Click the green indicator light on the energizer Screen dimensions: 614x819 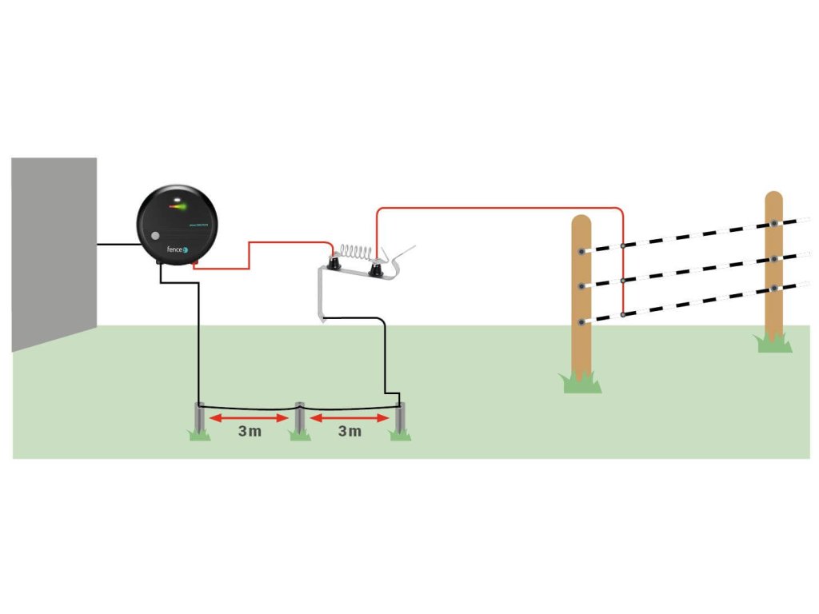point(180,207)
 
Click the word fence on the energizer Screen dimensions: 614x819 point(174,249)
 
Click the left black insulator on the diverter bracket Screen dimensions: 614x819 point(334,263)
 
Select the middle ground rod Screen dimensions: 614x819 point(300,419)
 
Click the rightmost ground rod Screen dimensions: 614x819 point(401,421)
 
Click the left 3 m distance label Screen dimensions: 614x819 point(250,433)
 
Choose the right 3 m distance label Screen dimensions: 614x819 point(350,433)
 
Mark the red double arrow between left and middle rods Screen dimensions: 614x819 point(249,417)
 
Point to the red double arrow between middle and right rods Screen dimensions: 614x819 point(350,417)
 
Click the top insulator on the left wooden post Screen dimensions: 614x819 point(581,251)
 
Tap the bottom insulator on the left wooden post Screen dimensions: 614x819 point(581,321)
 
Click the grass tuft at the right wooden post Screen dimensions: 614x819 point(773,343)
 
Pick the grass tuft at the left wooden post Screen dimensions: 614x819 point(581,383)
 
